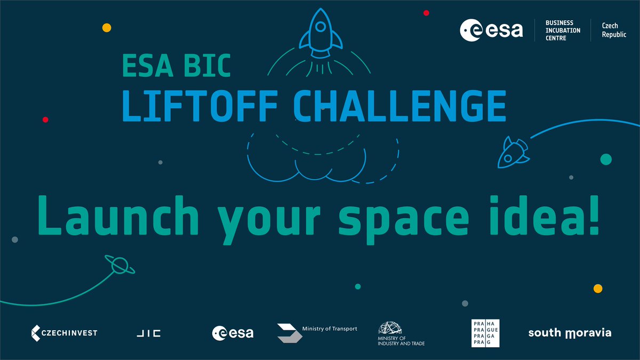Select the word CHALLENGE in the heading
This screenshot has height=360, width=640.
(399, 106)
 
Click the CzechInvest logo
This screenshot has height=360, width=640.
(64, 333)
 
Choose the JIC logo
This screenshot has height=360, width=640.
(147, 333)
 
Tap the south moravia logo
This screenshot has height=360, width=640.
(569, 333)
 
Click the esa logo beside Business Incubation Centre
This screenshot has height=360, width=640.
(491, 30)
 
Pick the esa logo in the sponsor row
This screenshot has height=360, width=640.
(233, 333)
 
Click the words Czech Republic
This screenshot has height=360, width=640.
(613, 30)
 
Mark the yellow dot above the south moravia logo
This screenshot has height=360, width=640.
(598, 289)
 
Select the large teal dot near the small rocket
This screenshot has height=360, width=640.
(606, 159)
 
